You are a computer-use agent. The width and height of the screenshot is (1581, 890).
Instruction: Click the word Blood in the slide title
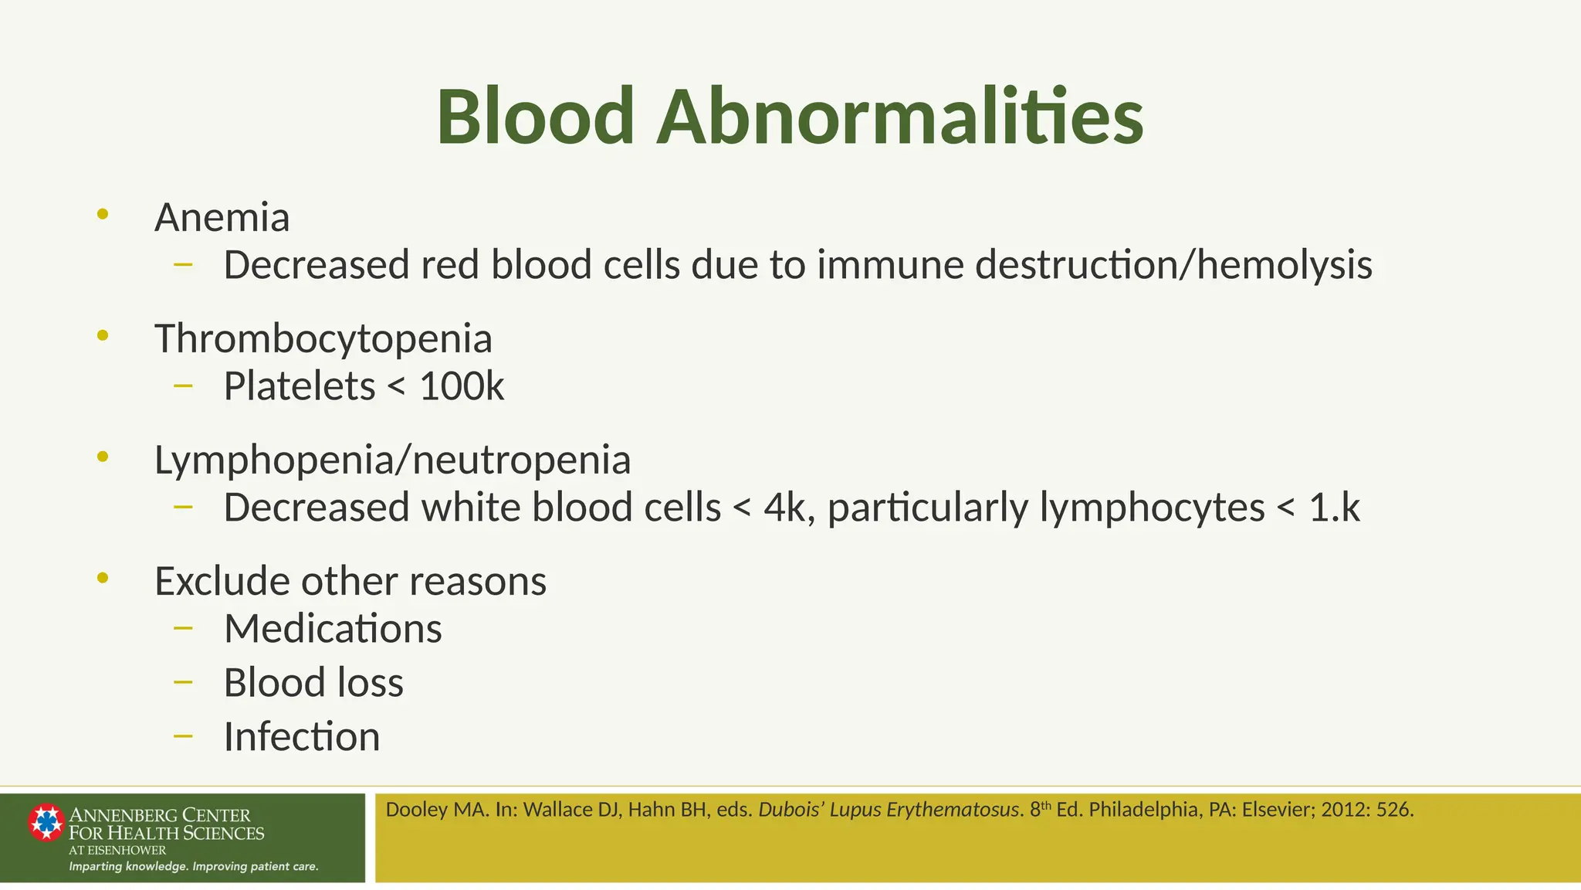535,117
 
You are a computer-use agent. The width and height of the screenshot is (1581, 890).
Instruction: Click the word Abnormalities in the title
899,117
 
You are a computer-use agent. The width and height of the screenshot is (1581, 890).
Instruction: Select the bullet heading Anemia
222,217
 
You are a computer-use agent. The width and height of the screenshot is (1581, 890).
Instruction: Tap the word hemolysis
1285,265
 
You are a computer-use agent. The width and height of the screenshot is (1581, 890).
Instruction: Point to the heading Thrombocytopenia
323,338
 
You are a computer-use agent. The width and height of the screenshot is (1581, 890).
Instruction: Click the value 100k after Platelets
462,386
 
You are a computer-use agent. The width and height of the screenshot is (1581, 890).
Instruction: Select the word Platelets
300,386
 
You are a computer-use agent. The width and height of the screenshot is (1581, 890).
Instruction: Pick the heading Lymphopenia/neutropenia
392,460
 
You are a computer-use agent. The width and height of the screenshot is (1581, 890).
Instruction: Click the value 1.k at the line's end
1334,508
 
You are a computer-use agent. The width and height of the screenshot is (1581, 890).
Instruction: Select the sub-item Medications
333,629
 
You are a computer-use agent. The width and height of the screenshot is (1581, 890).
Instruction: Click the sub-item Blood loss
313,683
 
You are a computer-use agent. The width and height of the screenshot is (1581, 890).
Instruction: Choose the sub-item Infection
302,736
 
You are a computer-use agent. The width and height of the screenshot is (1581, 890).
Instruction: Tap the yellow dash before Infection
183,736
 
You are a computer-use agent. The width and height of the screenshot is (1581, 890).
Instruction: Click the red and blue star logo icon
46,822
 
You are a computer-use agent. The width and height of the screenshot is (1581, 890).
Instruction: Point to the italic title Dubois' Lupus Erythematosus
889,810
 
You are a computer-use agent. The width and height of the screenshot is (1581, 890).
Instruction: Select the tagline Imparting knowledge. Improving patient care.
193,866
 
